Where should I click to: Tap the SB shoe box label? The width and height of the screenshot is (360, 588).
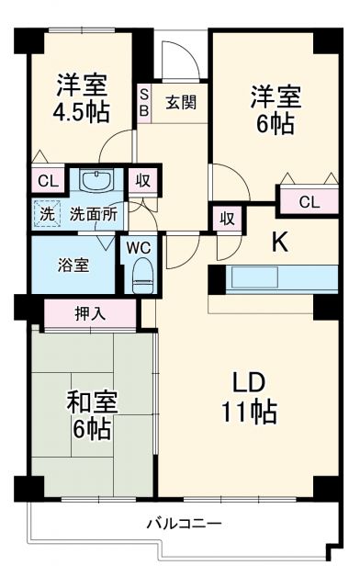(x=144, y=102)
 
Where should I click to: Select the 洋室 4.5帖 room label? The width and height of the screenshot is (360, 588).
(x=82, y=98)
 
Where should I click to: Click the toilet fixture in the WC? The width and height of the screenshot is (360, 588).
(x=141, y=272)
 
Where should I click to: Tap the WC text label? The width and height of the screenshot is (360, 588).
(x=139, y=247)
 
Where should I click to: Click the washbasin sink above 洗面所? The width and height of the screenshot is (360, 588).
(x=95, y=180)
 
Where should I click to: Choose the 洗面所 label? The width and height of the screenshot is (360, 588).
(x=94, y=214)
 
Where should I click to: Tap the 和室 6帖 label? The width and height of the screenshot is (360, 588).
(x=92, y=415)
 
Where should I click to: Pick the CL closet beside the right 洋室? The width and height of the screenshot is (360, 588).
(x=308, y=201)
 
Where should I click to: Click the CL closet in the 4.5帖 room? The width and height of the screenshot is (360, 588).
(x=43, y=180)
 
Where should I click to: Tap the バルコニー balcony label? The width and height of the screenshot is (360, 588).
(x=184, y=525)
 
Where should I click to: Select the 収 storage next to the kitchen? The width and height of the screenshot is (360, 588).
(x=227, y=220)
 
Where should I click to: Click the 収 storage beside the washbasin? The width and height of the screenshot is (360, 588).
(x=143, y=180)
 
